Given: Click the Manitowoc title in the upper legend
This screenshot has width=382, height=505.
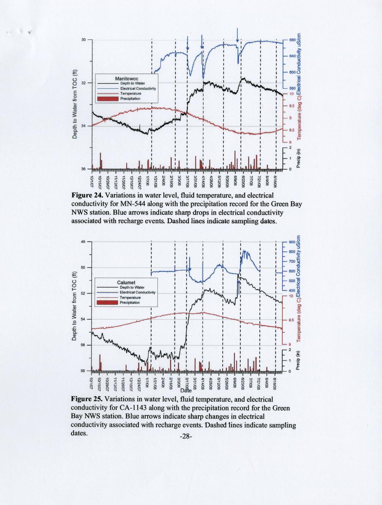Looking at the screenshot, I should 126,79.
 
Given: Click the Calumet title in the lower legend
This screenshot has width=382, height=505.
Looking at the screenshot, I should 126,283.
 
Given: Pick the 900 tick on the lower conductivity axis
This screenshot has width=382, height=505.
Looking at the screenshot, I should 292,242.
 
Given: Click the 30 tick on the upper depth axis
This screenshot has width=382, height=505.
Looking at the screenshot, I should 84,40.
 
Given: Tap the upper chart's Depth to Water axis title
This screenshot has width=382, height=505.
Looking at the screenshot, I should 75,104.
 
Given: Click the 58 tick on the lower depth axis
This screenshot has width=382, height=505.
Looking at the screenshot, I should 84,371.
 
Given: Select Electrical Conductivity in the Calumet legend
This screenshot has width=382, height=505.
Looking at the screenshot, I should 138,292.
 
